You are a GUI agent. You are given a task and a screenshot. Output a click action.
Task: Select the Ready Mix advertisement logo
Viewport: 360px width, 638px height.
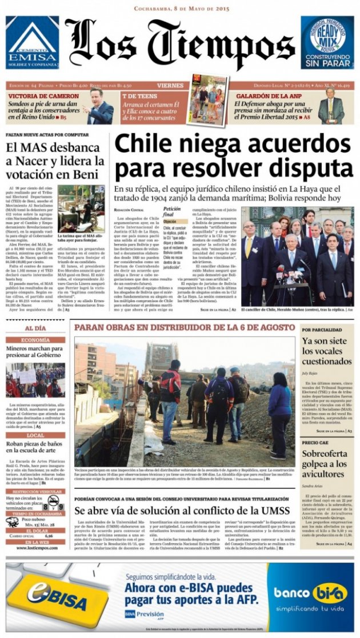pyautogui.click(x=327, y=42)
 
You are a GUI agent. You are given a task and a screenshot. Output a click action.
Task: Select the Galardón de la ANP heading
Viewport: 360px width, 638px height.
pyautogui.click(x=265, y=96)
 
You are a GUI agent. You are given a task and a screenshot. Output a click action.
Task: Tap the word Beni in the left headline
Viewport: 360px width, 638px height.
pyautogui.click(x=86, y=175)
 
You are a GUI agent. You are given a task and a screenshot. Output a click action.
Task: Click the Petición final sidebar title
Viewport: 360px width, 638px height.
pyautogui.click(x=172, y=212)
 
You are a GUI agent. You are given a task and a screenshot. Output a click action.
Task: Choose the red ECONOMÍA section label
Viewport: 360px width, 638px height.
pyautogui.click(x=35, y=340)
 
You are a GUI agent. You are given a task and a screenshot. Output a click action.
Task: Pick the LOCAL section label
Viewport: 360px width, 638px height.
pyautogui.click(x=35, y=435)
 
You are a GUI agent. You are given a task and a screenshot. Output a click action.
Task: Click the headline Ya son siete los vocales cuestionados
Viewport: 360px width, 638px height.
pyautogui.click(x=326, y=351)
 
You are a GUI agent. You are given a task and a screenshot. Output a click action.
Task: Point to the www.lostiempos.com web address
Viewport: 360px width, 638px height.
pyautogui.click(x=35, y=548)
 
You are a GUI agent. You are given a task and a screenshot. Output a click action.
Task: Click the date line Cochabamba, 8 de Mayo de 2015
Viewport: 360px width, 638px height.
pyautogui.click(x=180, y=9)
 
